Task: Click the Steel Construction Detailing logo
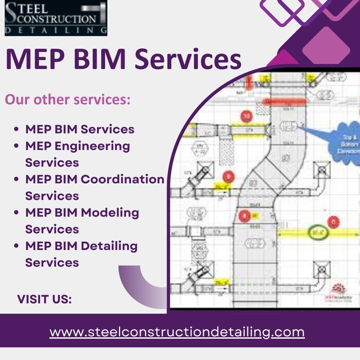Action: coord(56,18)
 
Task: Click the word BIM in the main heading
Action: coord(97,59)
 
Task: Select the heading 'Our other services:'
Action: coord(67,99)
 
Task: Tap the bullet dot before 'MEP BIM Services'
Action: coord(16,130)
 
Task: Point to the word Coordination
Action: coord(123,179)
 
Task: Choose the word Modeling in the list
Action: coord(110,213)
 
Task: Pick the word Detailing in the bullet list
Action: coord(109,246)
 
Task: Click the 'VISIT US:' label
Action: coord(44,299)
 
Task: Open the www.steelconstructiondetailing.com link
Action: coord(177,332)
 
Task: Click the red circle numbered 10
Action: coord(247,117)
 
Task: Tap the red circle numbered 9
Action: coord(229,177)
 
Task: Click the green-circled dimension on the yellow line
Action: coord(319,232)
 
